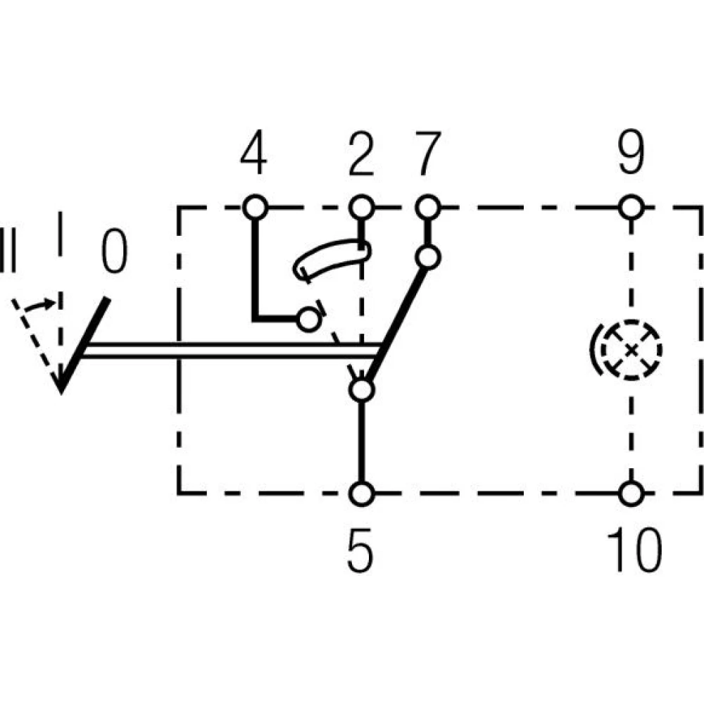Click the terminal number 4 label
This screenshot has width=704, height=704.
pos(253,154)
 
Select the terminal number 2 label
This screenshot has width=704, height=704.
pos(360,154)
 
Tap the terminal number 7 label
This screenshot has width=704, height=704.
pos(427,154)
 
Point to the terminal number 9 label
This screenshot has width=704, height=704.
pos(631,154)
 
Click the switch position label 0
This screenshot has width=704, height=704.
pos(114,251)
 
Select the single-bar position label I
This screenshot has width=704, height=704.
pos(61,233)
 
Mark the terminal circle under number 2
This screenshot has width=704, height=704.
pos(361,208)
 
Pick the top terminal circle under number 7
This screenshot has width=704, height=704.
pos(427,208)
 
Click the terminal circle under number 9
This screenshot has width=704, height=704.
pos(631,208)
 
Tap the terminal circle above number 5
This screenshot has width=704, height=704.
pos(361,493)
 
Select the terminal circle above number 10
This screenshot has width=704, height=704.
pos(631,493)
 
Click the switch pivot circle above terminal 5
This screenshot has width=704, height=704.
pos(361,389)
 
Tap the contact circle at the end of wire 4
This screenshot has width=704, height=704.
pos(308,320)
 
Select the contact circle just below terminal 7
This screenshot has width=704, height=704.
pos(427,256)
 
